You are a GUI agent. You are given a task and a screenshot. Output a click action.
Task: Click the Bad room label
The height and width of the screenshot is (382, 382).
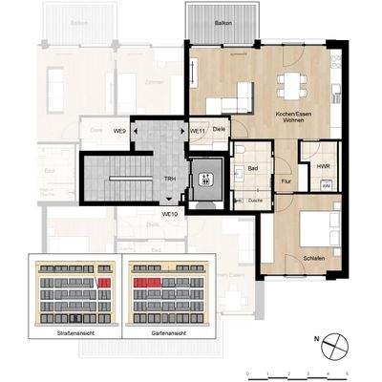coord(253,169)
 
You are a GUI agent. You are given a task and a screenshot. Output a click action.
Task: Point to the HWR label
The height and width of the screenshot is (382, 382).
coord(309,168)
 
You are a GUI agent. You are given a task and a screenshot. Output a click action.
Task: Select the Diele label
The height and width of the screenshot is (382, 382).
coord(219,129)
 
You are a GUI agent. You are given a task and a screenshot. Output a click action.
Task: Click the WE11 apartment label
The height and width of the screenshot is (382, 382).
coord(199,129)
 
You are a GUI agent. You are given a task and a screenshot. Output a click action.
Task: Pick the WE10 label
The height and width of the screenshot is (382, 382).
coord(171,211)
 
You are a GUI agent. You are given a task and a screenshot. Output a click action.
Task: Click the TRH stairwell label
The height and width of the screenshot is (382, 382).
coord(169,179)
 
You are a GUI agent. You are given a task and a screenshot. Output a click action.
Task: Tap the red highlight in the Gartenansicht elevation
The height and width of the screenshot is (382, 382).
coord(146,284)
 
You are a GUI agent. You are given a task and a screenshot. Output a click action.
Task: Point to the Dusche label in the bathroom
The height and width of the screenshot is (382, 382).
coord(255,201)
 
